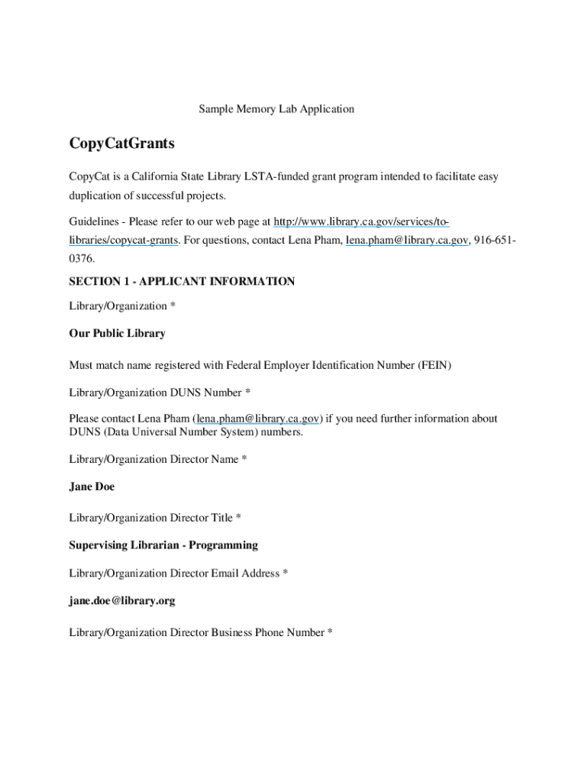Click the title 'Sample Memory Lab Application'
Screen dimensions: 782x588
pos(276,109)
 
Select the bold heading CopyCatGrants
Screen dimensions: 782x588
pos(121,144)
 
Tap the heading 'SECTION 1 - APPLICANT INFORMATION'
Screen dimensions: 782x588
pos(182,282)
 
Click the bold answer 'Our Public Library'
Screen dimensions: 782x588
pos(117,334)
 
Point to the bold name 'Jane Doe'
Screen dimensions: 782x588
pos(92,486)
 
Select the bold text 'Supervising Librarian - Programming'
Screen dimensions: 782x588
pos(163,545)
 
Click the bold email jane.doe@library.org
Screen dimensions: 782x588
pos(122,601)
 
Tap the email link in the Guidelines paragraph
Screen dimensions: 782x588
pos(406,241)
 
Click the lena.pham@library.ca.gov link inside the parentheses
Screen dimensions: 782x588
pos(258,418)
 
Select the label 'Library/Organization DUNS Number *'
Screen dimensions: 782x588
pos(160,393)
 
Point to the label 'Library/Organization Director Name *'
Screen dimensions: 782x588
pos(158,460)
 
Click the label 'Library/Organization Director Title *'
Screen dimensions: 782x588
pos(155,518)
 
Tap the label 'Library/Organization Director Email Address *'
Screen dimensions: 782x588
pos(178,574)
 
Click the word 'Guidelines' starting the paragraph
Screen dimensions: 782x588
pos(95,222)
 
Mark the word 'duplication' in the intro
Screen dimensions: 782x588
pos(95,196)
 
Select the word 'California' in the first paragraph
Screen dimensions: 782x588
pos(150,177)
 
